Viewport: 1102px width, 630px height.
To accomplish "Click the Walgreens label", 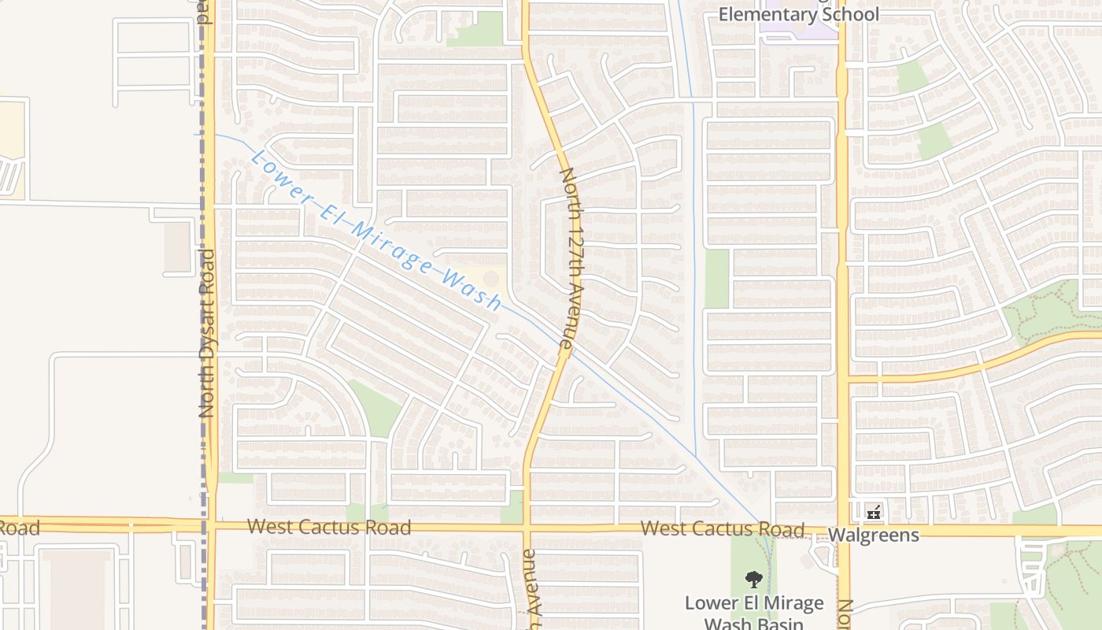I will point(873,535).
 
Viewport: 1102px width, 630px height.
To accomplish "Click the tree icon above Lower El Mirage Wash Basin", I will point(753,580).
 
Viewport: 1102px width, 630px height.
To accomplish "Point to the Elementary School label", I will point(798,15).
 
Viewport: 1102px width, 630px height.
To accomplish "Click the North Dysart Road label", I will point(207,333).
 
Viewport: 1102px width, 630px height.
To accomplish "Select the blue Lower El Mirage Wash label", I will point(376,232).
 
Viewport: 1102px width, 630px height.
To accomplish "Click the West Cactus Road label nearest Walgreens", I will point(722,528).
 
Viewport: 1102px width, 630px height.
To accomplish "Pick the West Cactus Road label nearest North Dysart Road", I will point(329,527).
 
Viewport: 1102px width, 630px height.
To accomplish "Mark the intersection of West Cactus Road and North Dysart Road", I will point(209,524).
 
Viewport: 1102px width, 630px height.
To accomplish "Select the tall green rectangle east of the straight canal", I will point(716,279).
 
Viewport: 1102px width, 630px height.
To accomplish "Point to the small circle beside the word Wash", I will point(491,278).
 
